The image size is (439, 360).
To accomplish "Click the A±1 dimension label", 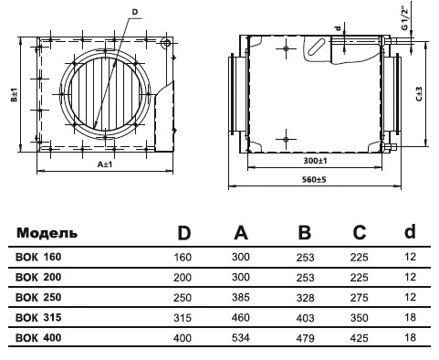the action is [105, 164].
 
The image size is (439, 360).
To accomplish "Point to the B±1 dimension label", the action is [15, 95].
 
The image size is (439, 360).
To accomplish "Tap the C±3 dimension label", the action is [419, 94].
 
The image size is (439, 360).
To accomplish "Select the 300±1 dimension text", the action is [315, 161].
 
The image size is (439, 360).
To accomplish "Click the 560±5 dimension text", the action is [314, 179].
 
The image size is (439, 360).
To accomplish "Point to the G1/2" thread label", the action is [404, 16].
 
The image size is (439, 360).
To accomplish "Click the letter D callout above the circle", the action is [135, 12].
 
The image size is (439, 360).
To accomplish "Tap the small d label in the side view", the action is [338, 29].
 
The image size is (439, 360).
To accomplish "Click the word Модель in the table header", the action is [47, 233].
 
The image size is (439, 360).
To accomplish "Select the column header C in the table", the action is [359, 233].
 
